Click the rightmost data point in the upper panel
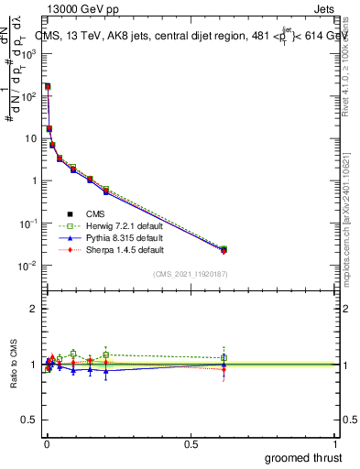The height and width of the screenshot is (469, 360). (224, 249)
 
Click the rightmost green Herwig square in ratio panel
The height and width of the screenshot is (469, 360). (224, 357)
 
